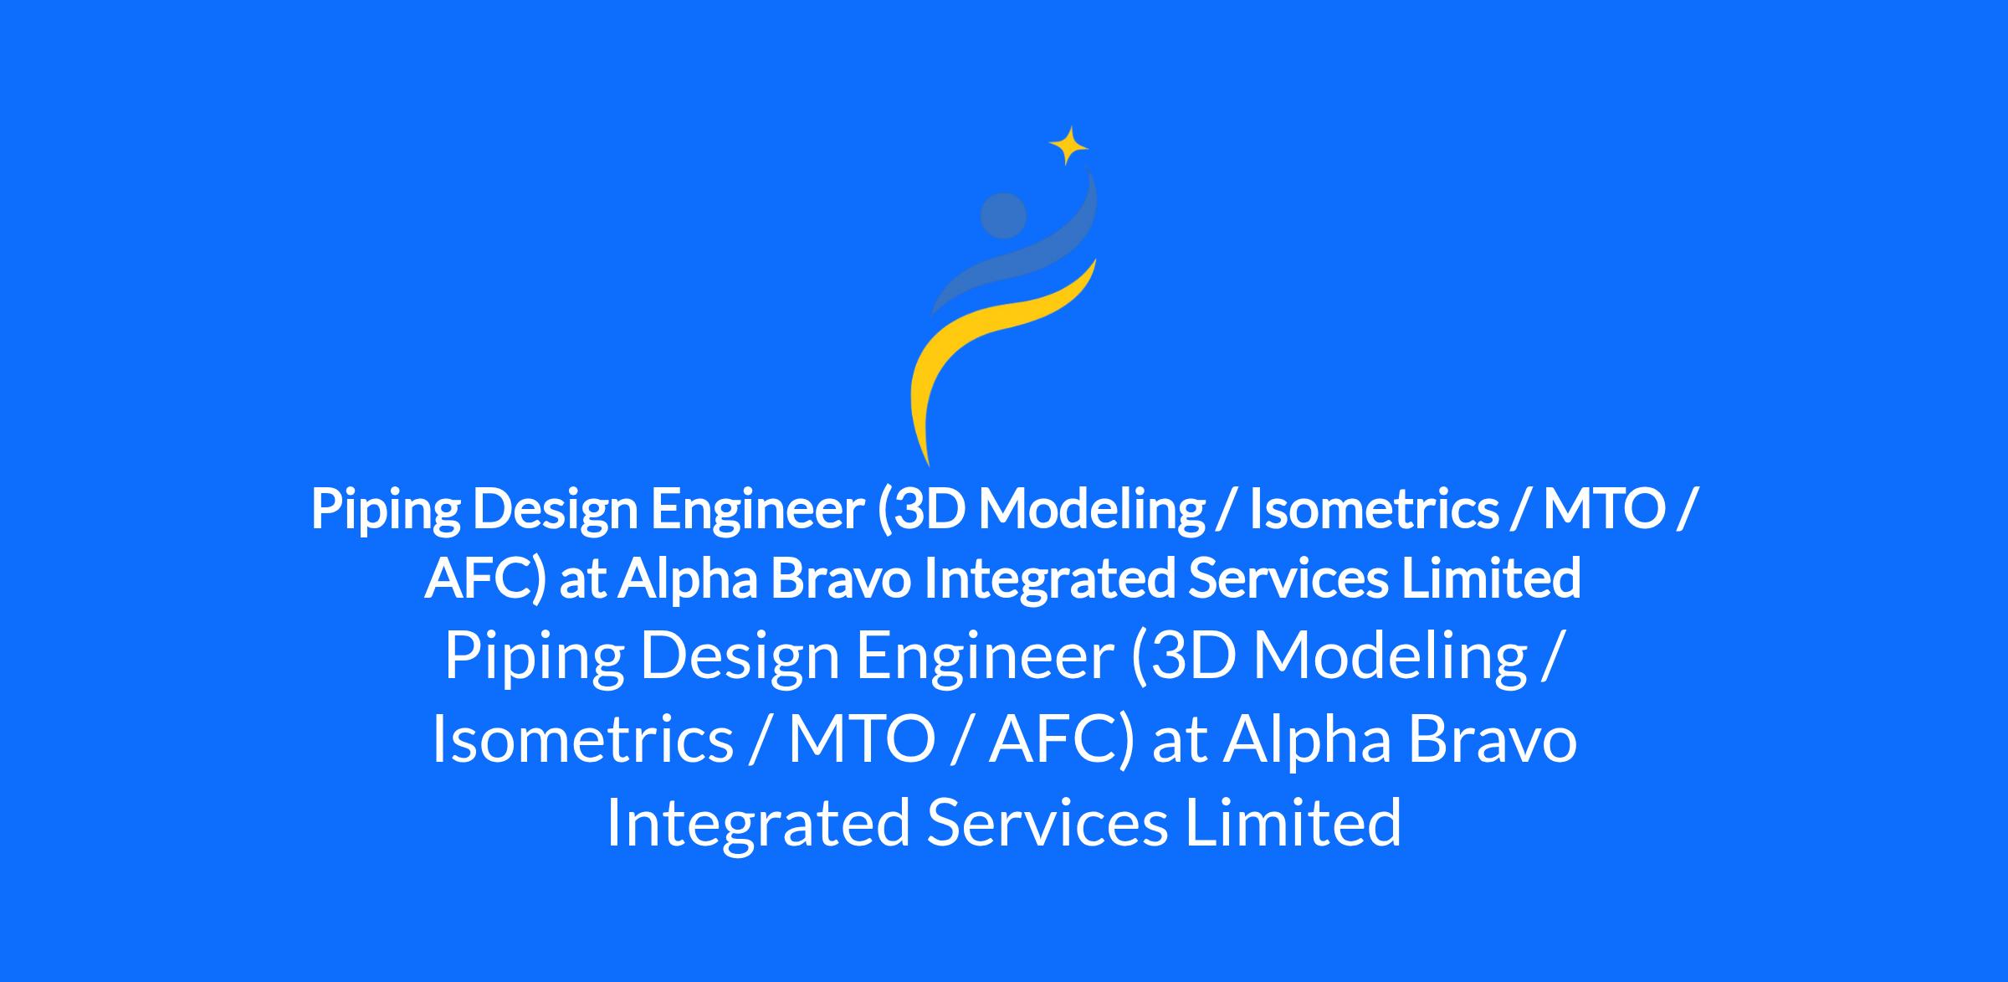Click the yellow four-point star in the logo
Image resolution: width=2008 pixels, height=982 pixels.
coord(1068,147)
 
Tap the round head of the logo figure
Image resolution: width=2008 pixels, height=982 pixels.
coord(1002,215)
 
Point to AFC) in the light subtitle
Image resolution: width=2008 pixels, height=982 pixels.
coord(1062,739)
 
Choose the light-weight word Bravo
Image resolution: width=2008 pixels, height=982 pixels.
coord(1493,739)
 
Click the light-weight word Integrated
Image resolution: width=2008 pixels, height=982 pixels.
coord(758,822)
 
